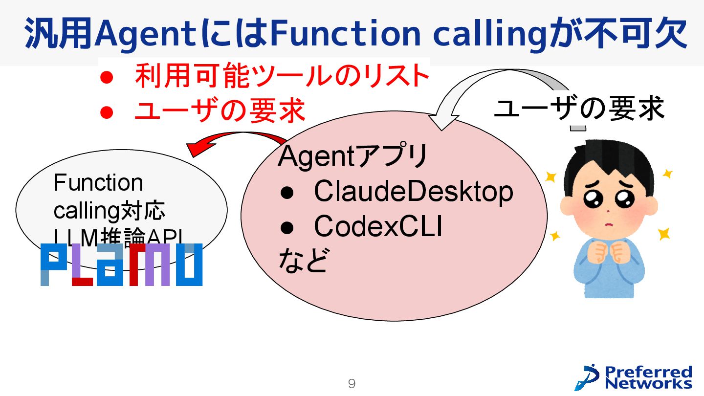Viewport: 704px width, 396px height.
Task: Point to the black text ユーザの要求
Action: (x=579, y=109)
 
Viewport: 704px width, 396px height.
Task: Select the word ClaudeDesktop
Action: (x=414, y=192)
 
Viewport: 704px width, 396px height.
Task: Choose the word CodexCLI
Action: (x=378, y=226)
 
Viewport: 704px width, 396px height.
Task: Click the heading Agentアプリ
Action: (x=352, y=156)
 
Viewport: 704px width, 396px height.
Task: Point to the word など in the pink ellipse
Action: (x=302, y=260)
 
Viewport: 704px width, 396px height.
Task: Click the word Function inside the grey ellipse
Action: (x=98, y=183)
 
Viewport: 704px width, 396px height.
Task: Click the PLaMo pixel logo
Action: (x=121, y=264)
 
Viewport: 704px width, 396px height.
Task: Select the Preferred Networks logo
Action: (x=634, y=377)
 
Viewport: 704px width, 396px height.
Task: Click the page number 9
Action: (x=352, y=384)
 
